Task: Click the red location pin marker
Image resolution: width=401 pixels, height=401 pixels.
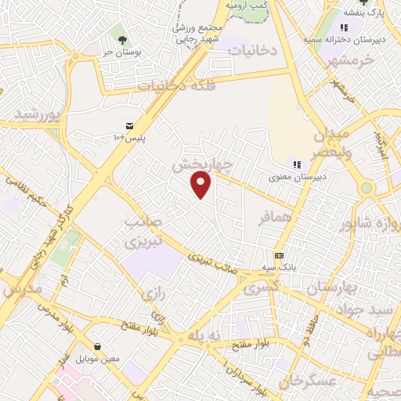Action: (x=201, y=185)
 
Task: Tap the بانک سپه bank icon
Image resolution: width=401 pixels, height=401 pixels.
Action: (x=279, y=255)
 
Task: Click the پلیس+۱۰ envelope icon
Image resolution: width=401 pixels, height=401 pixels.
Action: (x=129, y=126)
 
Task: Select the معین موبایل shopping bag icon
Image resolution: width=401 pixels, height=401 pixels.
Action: (x=97, y=346)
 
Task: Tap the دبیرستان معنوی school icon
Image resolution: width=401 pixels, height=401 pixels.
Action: (x=297, y=164)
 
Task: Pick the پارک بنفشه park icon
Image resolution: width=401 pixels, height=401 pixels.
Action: (x=363, y=3)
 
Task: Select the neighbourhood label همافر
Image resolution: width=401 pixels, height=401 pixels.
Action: (x=276, y=217)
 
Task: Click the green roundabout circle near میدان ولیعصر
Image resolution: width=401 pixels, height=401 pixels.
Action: (x=366, y=188)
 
